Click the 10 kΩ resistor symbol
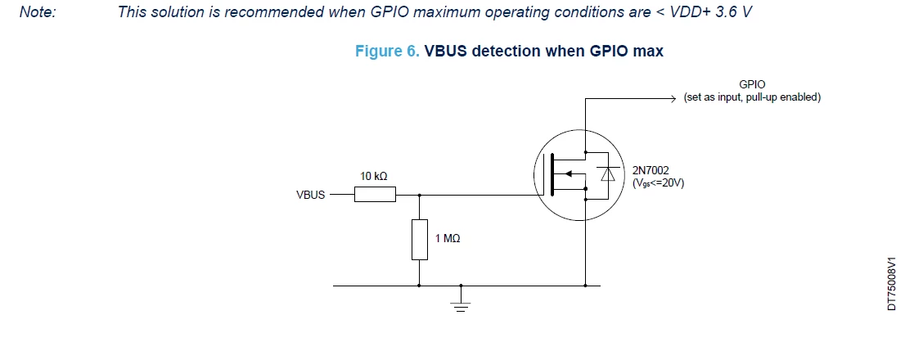(x=375, y=195)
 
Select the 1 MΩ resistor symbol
(x=420, y=240)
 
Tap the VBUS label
(x=310, y=195)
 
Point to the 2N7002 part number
(x=651, y=171)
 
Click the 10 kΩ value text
(x=373, y=176)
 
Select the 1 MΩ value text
(x=448, y=238)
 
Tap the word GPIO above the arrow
(x=752, y=85)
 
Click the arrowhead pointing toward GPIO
(x=672, y=99)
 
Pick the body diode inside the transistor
(x=608, y=173)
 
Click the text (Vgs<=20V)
(x=659, y=184)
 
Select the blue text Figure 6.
(x=387, y=52)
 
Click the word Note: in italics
(x=38, y=11)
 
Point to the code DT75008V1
(x=892, y=284)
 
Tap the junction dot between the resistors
(x=420, y=195)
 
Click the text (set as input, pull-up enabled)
(x=752, y=97)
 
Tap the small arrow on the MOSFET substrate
(x=567, y=173)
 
